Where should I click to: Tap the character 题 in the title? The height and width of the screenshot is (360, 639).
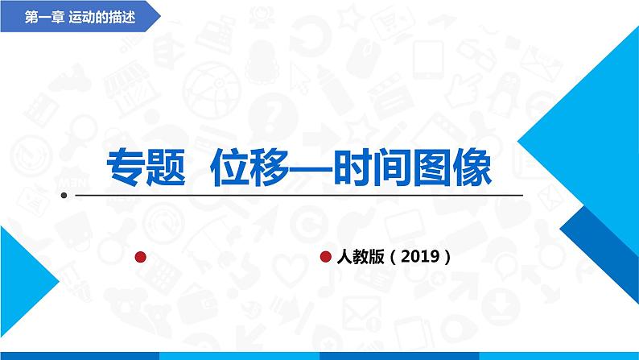[169, 168]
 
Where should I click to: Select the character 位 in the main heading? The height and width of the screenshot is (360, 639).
[230, 168]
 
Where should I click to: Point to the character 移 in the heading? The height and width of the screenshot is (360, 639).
[272, 168]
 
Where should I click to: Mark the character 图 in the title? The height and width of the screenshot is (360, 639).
[437, 168]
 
